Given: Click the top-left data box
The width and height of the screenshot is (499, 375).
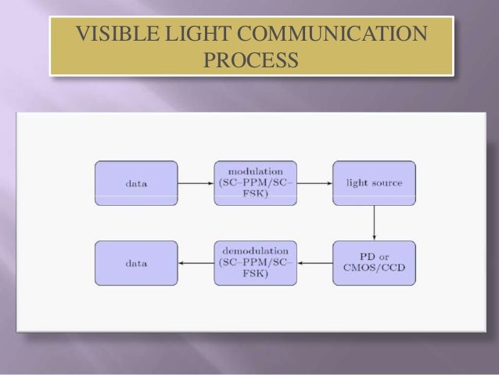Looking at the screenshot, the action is click(136, 183).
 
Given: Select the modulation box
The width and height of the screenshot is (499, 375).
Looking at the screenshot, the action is click(255, 183).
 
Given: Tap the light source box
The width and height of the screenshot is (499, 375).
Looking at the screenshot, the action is click(374, 183).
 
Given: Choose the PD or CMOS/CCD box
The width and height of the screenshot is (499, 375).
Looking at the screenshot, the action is click(374, 264).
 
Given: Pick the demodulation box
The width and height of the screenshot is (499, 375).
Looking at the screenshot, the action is click(255, 264).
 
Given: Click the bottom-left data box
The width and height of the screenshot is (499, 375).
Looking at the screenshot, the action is click(136, 264).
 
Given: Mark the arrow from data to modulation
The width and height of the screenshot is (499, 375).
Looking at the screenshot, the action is click(196, 183).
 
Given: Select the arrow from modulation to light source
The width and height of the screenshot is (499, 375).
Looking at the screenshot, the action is click(314, 183).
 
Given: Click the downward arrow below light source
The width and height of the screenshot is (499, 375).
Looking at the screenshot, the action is click(374, 223).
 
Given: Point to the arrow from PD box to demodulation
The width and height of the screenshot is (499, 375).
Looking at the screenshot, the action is click(314, 264).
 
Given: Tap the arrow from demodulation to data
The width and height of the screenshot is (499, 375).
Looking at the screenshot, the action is click(196, 264).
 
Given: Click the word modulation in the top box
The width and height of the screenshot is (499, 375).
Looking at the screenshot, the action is click(255, 170).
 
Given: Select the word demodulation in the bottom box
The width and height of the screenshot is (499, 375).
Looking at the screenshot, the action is click(255, 251).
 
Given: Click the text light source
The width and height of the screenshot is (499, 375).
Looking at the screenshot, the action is click(374, 183).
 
